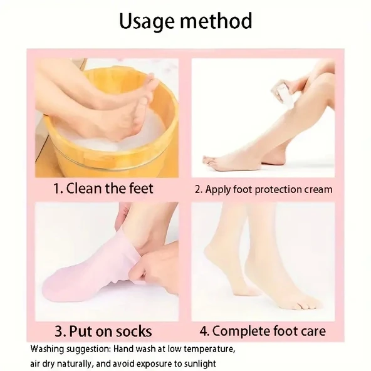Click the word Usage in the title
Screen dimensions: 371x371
coord(148,22)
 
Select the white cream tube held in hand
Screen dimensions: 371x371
coord(281,94)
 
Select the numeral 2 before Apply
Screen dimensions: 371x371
coord(198,189)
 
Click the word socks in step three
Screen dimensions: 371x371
coord(135,332)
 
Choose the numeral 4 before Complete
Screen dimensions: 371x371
coord(204,331)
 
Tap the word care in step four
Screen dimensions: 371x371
coord(313,332)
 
